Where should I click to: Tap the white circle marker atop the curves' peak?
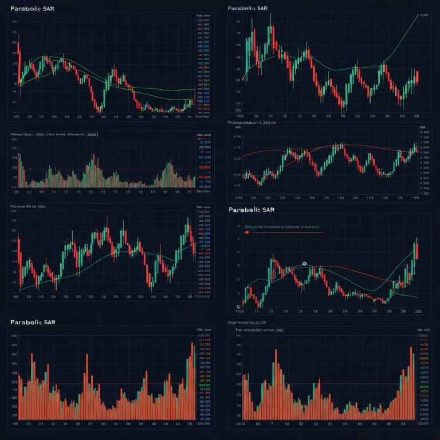[x=304, y=264]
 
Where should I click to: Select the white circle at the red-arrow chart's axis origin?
[x=238, y=307]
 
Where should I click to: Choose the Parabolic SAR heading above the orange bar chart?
[x=33, y=323]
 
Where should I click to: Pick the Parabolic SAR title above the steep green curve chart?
[x=247, y=9]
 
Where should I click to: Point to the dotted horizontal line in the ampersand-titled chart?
[x=321, y=175]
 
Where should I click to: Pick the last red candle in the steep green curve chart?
[x=418, y=76]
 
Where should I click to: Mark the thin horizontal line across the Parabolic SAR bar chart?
[x=103, y=384]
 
